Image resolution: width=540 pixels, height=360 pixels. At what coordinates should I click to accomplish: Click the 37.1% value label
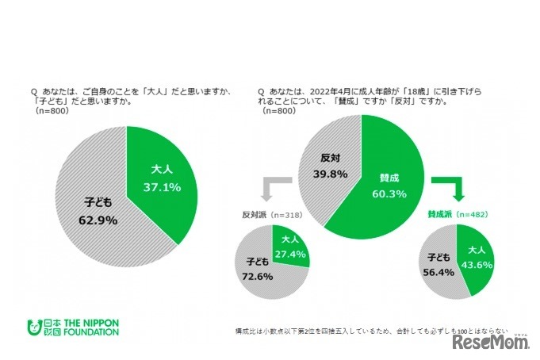[x=161, y=187]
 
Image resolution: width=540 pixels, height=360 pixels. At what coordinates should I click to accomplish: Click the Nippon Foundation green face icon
[x=33, y=326]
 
